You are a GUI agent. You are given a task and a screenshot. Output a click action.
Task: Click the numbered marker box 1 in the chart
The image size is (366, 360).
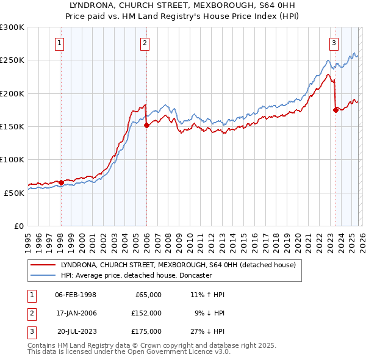(x=60, y=43)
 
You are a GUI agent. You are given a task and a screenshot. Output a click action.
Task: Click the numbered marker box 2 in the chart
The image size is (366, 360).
(x=145, y=43)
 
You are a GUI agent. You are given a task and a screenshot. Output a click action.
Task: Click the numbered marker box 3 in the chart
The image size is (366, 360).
(x=334, y=43)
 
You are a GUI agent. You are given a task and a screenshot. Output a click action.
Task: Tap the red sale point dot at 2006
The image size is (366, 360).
(x=146, y=126)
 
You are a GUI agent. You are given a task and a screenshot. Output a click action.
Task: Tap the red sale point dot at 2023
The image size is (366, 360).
(x=335, y=110)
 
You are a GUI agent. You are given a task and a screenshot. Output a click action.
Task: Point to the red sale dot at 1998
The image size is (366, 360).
(x=61, y=182)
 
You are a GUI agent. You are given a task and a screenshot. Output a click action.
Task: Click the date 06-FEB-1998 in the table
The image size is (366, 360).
(x=76, y=295)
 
